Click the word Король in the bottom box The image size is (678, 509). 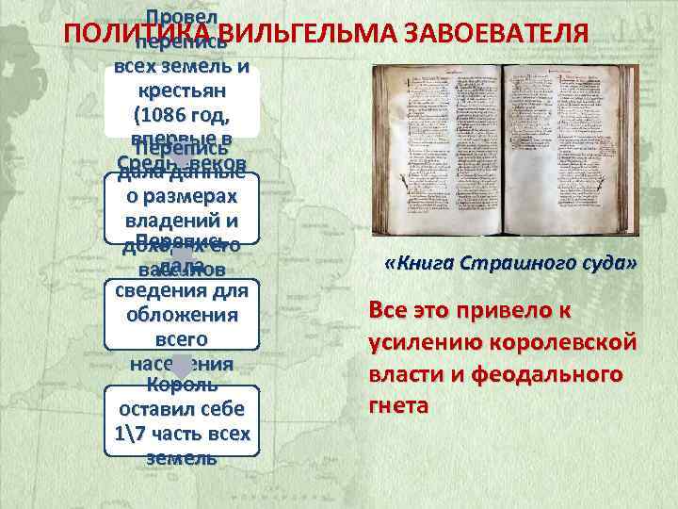[180, 386]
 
